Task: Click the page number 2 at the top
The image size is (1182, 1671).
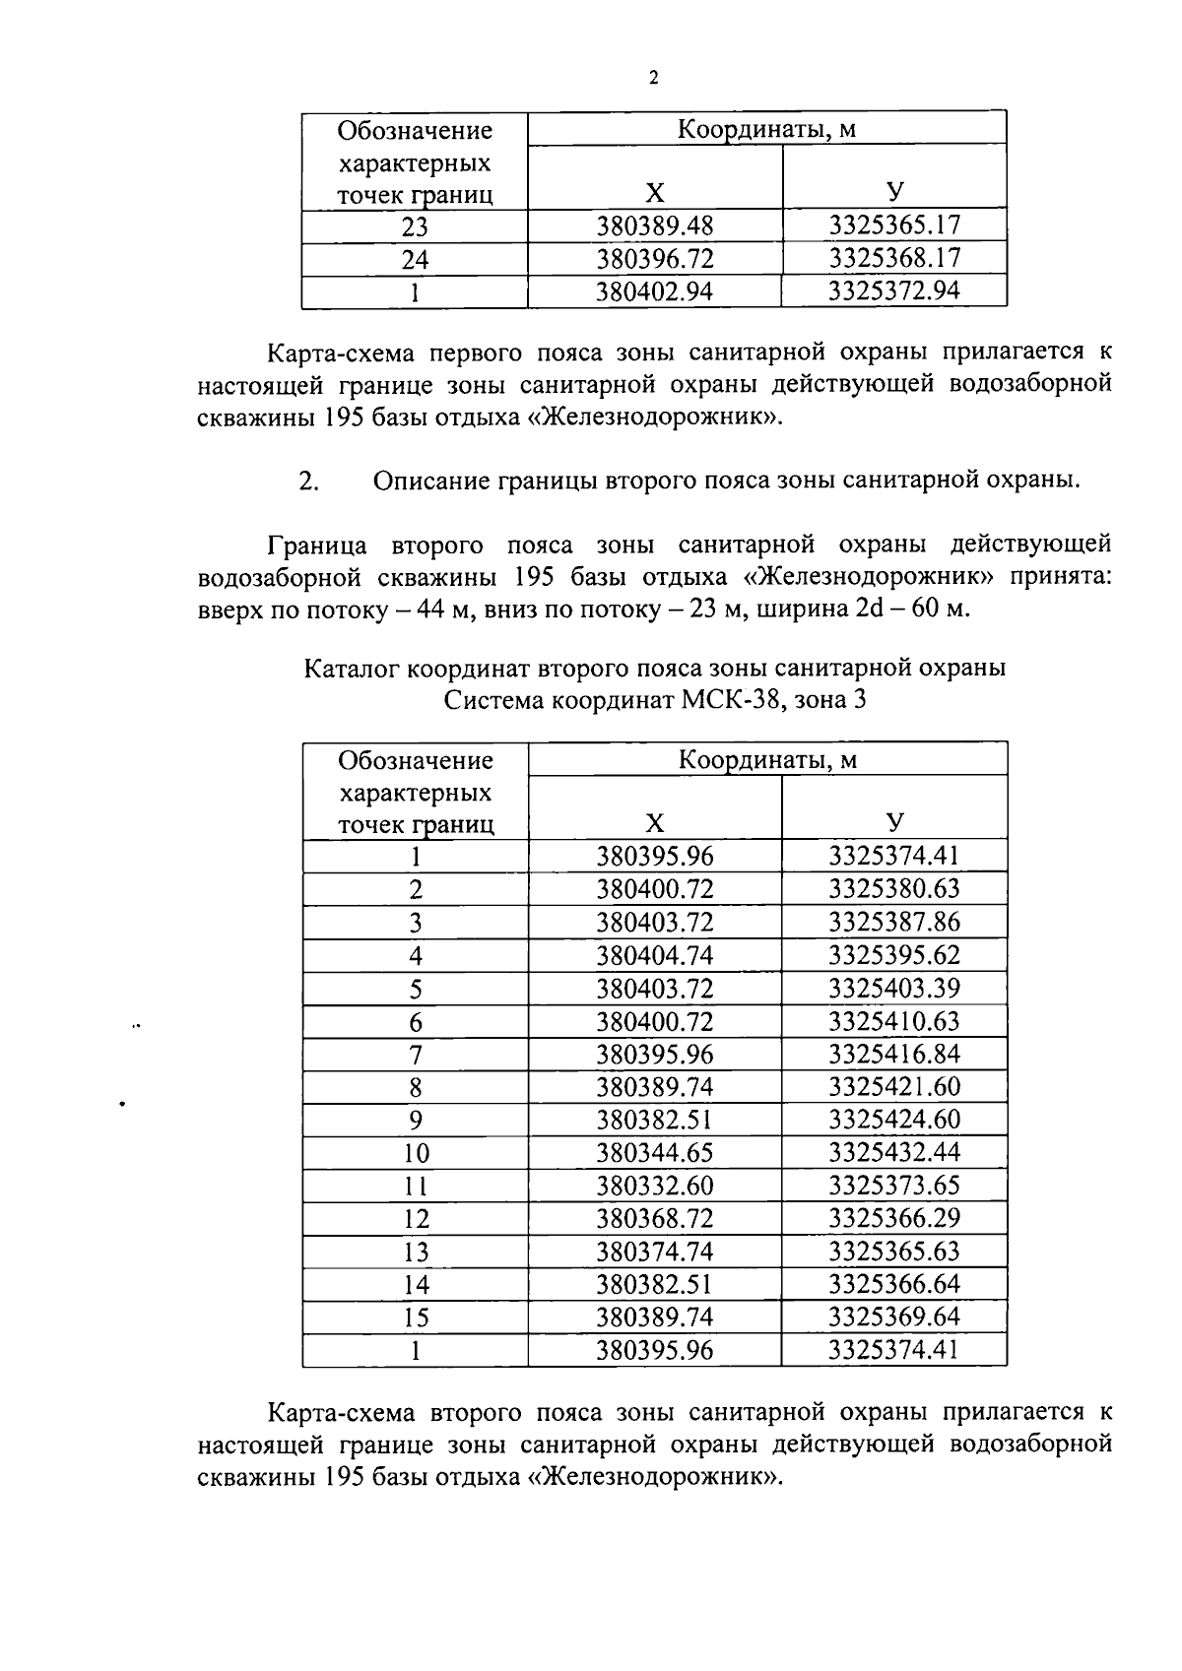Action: tap(653, 79)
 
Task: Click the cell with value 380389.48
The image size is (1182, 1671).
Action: tap(654, 226)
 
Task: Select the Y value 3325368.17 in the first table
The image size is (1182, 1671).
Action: tap(893, 259)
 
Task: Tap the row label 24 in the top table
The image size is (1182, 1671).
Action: tap(415, 260)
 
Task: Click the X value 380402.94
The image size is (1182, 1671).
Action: tap(654, 291)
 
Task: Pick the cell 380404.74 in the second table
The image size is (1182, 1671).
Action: tap(654, 955)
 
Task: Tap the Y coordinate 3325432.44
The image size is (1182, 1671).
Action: tap(893, 1152)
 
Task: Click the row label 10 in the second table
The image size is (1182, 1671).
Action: tap(415, 1153)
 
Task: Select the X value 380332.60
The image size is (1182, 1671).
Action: tap(654, 1186)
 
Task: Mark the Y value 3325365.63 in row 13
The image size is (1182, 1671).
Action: tap(893, 1252)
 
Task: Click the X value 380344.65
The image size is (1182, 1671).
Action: tap(654, 1152)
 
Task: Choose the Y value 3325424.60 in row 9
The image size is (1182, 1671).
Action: tap(893, 1120)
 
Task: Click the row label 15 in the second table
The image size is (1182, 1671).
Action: tap(415, 1318)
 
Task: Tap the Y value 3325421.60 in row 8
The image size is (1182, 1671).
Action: tap(893, 1087)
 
